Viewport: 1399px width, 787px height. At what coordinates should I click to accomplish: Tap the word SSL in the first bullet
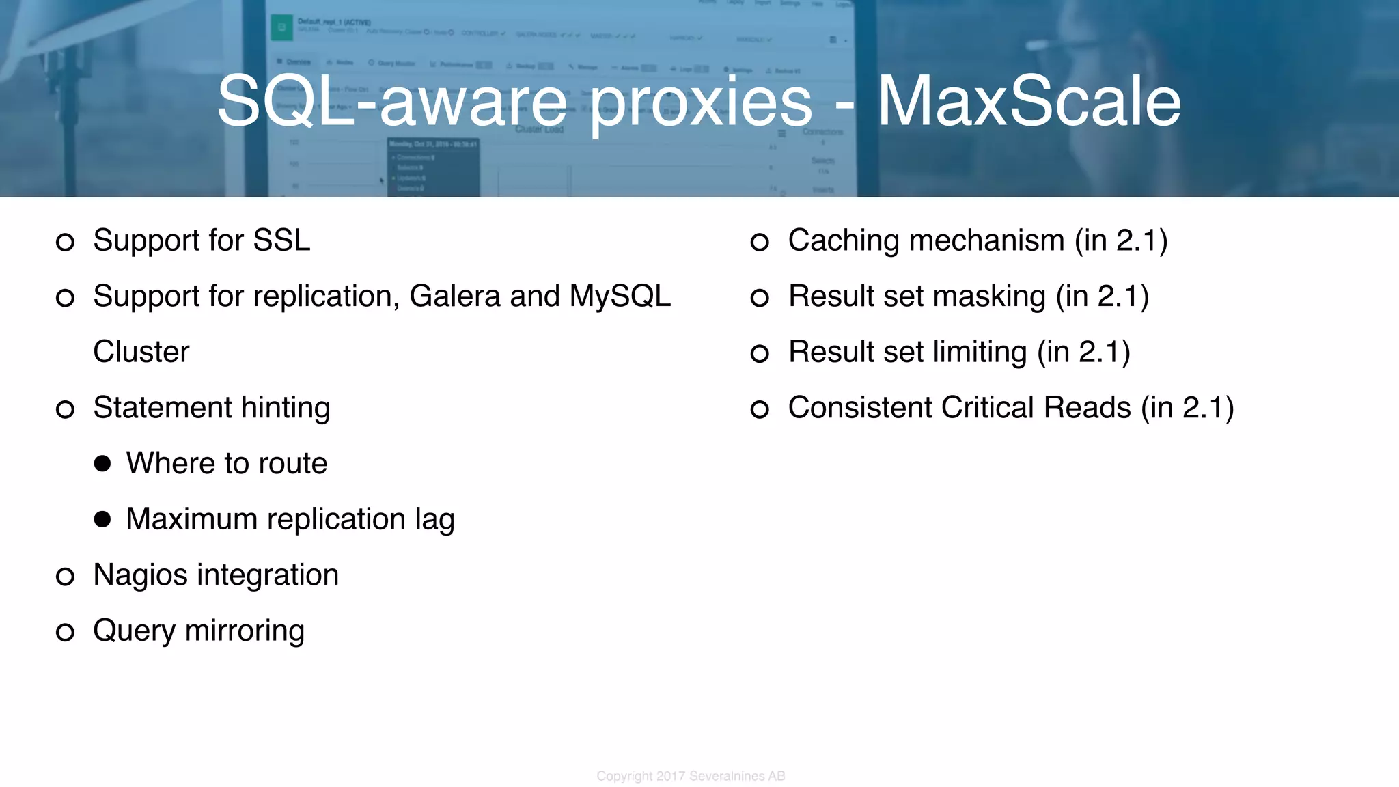click(x=281, y=240)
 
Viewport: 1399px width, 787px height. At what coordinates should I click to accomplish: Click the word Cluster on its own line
click(x=141, y=352)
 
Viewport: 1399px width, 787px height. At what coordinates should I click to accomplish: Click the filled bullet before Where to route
click(x=102, y=464)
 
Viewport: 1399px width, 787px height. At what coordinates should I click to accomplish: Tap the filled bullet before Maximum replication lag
click(x=102, y=520)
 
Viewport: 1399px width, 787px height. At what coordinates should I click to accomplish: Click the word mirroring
click(x=245, y=631)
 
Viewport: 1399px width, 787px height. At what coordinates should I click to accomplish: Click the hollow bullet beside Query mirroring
click(x=65, y=632)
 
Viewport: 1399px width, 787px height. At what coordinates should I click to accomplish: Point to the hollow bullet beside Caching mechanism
click(x=760, y=242)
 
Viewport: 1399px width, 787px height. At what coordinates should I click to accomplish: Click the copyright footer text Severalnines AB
click(x=737, y=776)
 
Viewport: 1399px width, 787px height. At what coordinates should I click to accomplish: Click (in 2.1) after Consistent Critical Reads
click(x=1187, y=408)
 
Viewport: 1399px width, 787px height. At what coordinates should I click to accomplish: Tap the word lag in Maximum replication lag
click(x=434, y=520)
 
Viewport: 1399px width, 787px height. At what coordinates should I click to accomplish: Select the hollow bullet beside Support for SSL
click(x=65, y=242)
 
